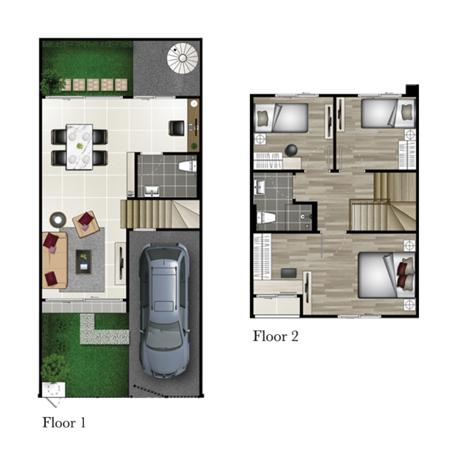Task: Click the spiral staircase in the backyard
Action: click(x=183, y=58)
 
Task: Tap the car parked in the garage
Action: click(x=164, y=310)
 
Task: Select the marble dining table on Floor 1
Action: click(x=79, y=147)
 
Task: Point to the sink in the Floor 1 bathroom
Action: click(x=152, y=191)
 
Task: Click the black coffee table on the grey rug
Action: click(x=84, y=262)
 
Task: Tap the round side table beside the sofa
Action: click(x=58, y=220)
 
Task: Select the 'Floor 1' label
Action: click(x=64, y=423)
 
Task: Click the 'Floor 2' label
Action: click(x=276, y=336)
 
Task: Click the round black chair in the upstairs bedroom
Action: click(x=291, y=150)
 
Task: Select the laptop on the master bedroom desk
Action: click(x=288, y=273)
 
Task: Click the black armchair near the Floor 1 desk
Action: click(x=176, y=128)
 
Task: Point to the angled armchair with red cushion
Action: click(x=84, y=224)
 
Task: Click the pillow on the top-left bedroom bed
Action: click(x=263, y=118)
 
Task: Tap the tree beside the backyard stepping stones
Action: click(x=52, y=81)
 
